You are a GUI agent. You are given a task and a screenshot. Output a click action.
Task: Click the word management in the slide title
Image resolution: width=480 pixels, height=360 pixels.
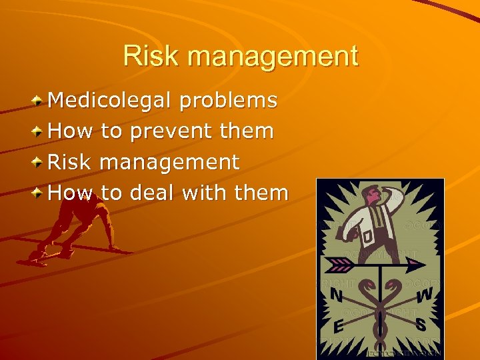[x=273, y=57]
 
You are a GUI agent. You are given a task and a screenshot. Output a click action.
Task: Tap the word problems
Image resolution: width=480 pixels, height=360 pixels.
[x=228, y=101]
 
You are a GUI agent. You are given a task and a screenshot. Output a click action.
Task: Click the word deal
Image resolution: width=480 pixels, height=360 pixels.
[x=151, y=193]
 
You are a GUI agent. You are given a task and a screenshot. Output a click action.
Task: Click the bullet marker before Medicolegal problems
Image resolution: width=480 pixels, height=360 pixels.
[x=38, y=101]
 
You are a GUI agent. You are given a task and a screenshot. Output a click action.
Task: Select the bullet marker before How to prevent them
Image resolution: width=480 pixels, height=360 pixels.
[x=38, y=132]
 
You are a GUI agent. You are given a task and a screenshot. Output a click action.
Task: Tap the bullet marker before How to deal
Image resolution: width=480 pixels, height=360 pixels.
[x=38, y=193]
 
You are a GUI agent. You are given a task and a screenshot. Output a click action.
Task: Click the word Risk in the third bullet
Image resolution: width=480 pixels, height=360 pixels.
[x=70, y=162]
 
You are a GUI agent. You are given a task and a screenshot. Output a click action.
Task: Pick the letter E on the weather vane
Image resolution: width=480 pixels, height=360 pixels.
[x=337, y=327]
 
